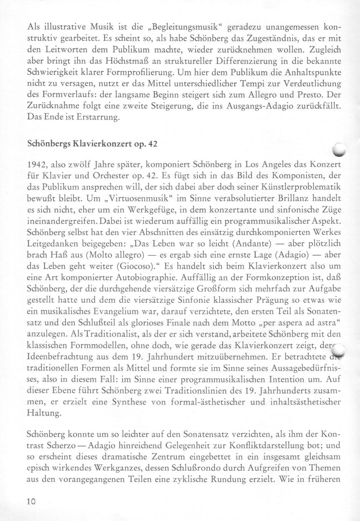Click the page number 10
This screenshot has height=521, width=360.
[32, 502]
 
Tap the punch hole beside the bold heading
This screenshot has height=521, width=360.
[340, 148]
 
